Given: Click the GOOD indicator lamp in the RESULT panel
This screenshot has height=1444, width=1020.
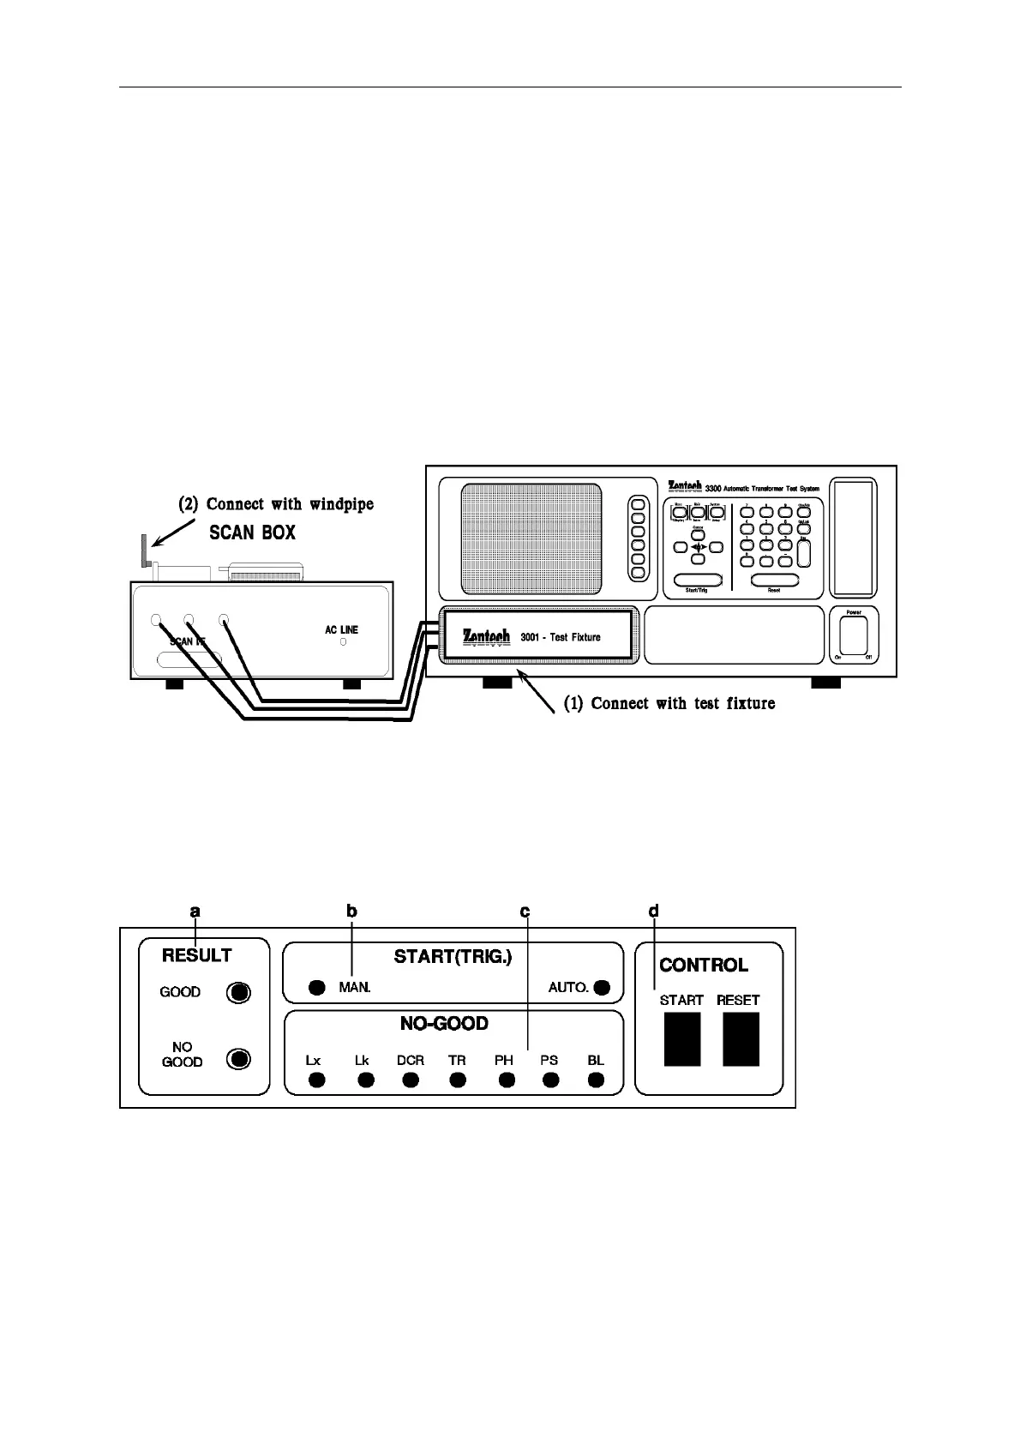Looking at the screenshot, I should click(x=238, y=993).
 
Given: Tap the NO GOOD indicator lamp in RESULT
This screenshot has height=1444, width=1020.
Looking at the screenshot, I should click(x=238, y=1058).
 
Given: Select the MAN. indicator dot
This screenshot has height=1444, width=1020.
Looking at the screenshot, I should click(x=316, y=988).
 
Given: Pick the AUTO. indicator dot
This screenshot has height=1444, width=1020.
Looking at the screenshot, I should click(x=602, y=988).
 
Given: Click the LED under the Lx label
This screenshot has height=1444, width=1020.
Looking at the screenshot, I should click(x=316, y=1080).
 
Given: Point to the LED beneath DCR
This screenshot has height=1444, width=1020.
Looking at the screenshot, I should click(x=411, y=1080).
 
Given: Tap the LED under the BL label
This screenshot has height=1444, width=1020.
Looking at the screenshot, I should click(x=596, y=1080).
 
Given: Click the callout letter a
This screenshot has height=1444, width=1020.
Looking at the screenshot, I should click(x=195, y=911).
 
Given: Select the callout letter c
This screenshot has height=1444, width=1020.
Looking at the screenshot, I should click(x=525, y=911).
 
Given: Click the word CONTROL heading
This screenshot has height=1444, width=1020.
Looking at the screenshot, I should click(x=703, y=966).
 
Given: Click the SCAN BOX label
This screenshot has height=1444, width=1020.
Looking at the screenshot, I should click(x=253, y=532).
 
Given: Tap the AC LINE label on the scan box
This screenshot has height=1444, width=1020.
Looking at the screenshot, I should click(x=341, y=629).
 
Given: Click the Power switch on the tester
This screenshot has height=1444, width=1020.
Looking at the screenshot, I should click(x=853, y=637).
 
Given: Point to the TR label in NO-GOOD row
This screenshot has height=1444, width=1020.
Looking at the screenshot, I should click(x=457, y=1060).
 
